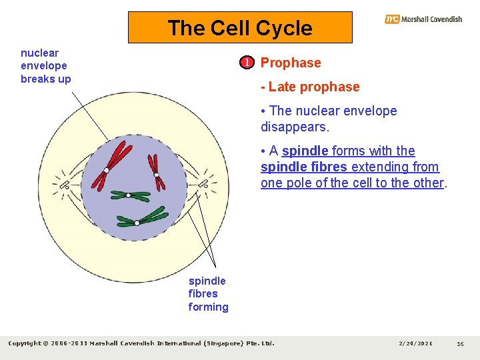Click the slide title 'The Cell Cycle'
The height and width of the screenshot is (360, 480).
pyautogui.click(x=240, y=28)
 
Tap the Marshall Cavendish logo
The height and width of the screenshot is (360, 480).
pyautogui.click(x=423, y=19)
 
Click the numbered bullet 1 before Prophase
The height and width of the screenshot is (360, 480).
pyautogui.click(x=247, y=63)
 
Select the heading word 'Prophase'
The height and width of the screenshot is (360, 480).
pyautogui.click(x=291, y=63)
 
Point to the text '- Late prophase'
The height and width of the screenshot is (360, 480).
pyautogui.click(x=310, y=87)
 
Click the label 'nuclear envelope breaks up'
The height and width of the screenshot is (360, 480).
pyautogui.click(x=45, y=65)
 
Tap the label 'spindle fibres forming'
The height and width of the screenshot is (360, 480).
pyautogui.click(x=208, y=293)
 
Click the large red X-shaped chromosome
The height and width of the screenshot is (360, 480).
pyautogui.click(x=113, y=160)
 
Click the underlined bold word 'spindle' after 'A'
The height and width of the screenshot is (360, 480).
pyautogui.click(x=305, y=151)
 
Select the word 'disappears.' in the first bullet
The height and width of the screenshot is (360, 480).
pyautogui.click(x=295, y=127)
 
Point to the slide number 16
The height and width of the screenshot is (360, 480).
pyautogui.click(x=460, y=343)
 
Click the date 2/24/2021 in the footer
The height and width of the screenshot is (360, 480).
pyautogui.click(x=415, y=343)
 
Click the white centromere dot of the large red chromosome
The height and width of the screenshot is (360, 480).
pyautogui.click(x=106, y=171)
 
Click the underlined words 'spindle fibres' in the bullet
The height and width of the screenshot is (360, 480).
pyautogui.click(x=303, y=167)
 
